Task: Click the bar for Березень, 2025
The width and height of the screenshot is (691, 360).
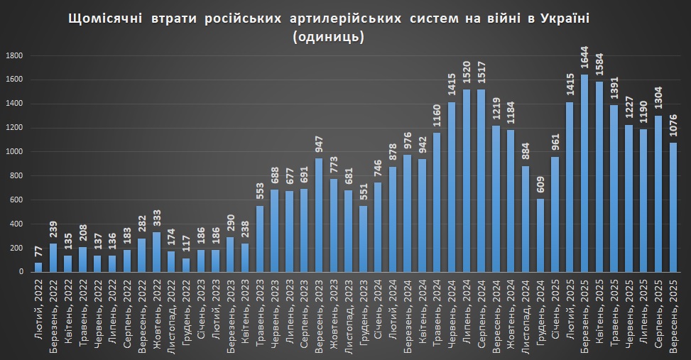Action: (584, 173)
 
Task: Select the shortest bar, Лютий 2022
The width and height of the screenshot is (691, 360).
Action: (38, 267)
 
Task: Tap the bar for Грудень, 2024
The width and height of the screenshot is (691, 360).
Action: (540, 235)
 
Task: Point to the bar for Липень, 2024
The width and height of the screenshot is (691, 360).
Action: (467, 180)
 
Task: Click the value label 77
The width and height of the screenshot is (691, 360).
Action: (38, 252)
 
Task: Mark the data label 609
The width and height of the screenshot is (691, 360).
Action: (540, 185)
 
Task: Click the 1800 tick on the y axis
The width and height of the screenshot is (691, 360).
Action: (14, 55)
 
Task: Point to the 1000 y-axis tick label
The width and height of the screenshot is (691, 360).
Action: (14, 152)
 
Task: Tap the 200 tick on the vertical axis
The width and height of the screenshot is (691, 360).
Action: (17, 248)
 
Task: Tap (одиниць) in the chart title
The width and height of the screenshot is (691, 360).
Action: (328, 38)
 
